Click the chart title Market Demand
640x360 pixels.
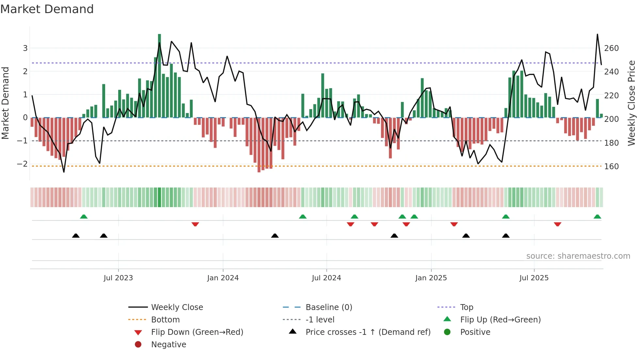pyautogui.click(x=47, y=9)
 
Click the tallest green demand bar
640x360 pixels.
pyautogui.click(x=159, y=75)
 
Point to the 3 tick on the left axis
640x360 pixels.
pyautogui.click(x=25, y=48)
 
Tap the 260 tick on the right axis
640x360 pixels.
pyautogui.click(x=611, y=48)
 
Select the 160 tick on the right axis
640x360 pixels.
pyautogui.click(x=611, y=167)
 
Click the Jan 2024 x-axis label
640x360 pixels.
pyautogui.click(x=223, y=278)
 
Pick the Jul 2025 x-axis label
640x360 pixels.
pyautogui.click(x=534, y=278)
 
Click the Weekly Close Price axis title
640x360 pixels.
pyautogui.click(x=632, y=103)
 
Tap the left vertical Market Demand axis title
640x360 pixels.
pyautogui.click(x=5, y=103)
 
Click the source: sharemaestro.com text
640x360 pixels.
pyautogui.click(x=578, y=256)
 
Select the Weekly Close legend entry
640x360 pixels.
pyautogui.click(x=177, y=307)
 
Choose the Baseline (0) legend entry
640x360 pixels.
pyautogui.click(x=328, y=307)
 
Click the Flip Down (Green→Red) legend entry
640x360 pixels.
pyautogui.click(x=197, y=332)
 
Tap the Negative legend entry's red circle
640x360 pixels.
pyautogui.click(x=138, y=345)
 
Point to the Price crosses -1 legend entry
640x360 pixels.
pyautogui.click(x=368, y=332)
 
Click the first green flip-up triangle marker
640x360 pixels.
pyautogui.click(x=84, y=217)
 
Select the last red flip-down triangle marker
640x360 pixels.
pyautogui.click(x=557, y=224)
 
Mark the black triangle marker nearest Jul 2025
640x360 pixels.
pyautogui.click(x=505, y=236)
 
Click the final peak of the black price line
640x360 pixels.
pyautogui.click(x=597, y=34)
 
